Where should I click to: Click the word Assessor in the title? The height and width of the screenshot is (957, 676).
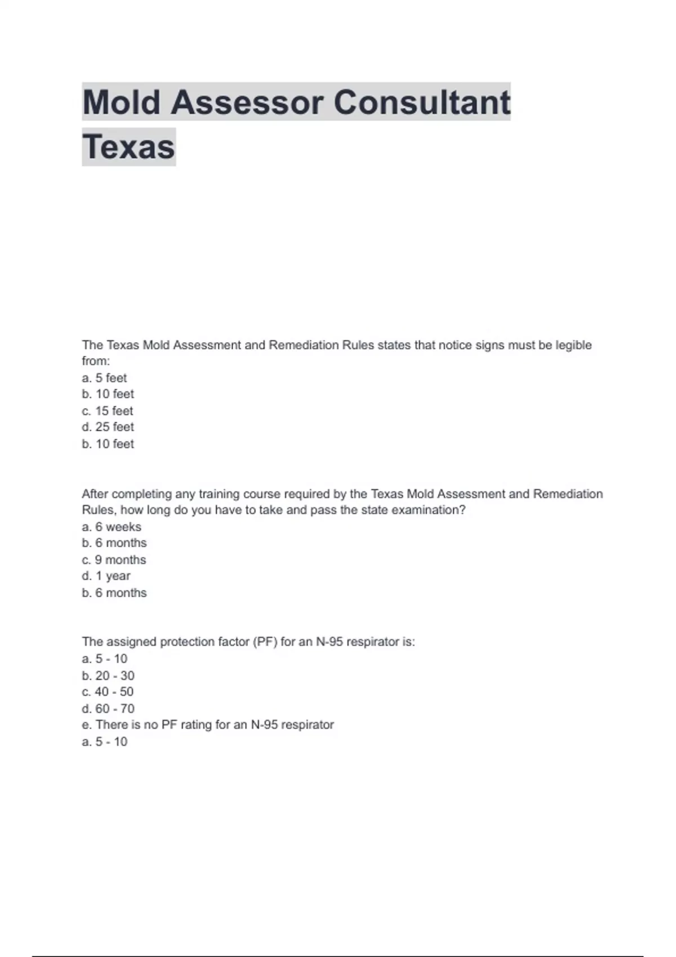[247, 102]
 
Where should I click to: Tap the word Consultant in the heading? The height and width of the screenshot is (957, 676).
[422, 102]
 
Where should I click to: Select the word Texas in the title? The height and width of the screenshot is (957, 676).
[128, 147]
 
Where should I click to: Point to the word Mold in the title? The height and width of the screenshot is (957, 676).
[121, 102]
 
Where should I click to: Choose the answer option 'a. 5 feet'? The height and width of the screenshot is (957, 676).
[104, 378]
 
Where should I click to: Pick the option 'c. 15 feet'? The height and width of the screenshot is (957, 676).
[107, 411]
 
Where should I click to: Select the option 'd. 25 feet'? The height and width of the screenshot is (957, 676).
[108, 427]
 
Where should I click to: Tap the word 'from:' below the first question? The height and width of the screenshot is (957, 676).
[96, 361]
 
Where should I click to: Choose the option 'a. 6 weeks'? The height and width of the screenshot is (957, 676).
[112, 527]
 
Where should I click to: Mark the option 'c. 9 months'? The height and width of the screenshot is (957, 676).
[114, 560]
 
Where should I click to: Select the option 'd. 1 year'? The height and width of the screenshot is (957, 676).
[106, 576]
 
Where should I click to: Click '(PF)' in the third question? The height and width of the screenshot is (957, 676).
[265, 642]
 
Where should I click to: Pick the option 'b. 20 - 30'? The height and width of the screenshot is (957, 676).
[108, 676]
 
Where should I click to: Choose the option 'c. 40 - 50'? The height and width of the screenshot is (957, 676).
[108, 692]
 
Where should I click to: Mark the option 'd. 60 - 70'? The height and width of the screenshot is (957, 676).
[108, 709]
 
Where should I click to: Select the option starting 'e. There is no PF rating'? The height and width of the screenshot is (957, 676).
[207, 725]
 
